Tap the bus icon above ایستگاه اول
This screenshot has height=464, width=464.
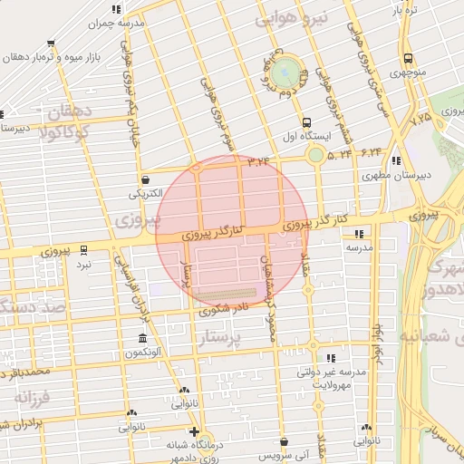tap(306, 122)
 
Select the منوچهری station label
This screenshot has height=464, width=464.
tap(407, 70)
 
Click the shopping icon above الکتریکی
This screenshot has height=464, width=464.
tap(146, 179)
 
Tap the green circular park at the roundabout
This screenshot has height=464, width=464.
tap(286, 69)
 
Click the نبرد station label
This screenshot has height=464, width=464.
tap(84, 265)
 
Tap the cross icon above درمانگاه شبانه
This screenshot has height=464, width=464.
tap(194, 432)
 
